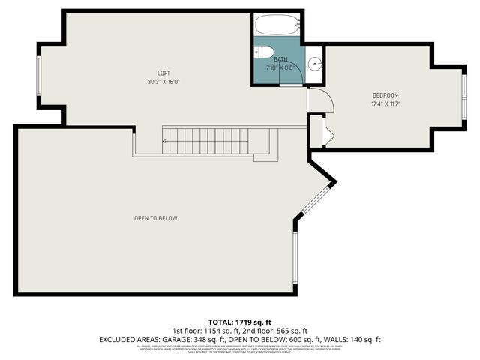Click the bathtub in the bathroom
coord(278,25)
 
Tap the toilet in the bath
coord(260,52)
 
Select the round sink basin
coord(315,63)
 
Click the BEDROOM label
coord(385,94)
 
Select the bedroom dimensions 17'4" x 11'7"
coord(385,103)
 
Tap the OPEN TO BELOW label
coord(155,218)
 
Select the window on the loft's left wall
coord(40,76)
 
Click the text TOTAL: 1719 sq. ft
coord(239,321)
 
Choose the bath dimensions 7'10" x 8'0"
coord(280,67)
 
